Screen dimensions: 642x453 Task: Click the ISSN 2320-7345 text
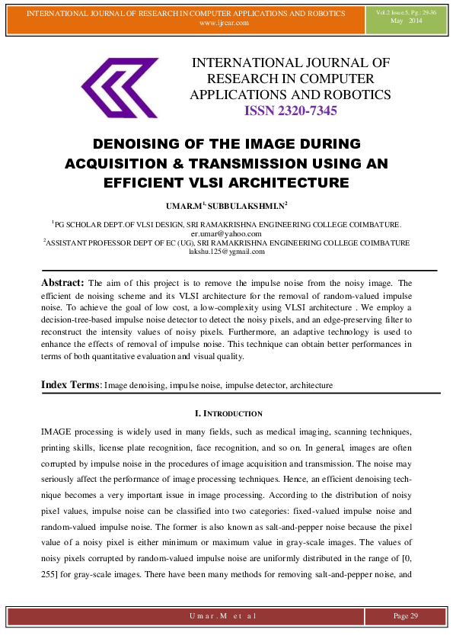290,111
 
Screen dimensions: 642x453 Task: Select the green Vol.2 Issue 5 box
406,18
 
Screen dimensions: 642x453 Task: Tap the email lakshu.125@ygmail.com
226,251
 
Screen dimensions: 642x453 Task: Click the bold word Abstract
62,282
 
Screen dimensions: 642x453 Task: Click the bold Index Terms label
70,385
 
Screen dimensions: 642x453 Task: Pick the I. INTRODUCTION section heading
226,413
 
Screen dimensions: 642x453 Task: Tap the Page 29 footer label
405,615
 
